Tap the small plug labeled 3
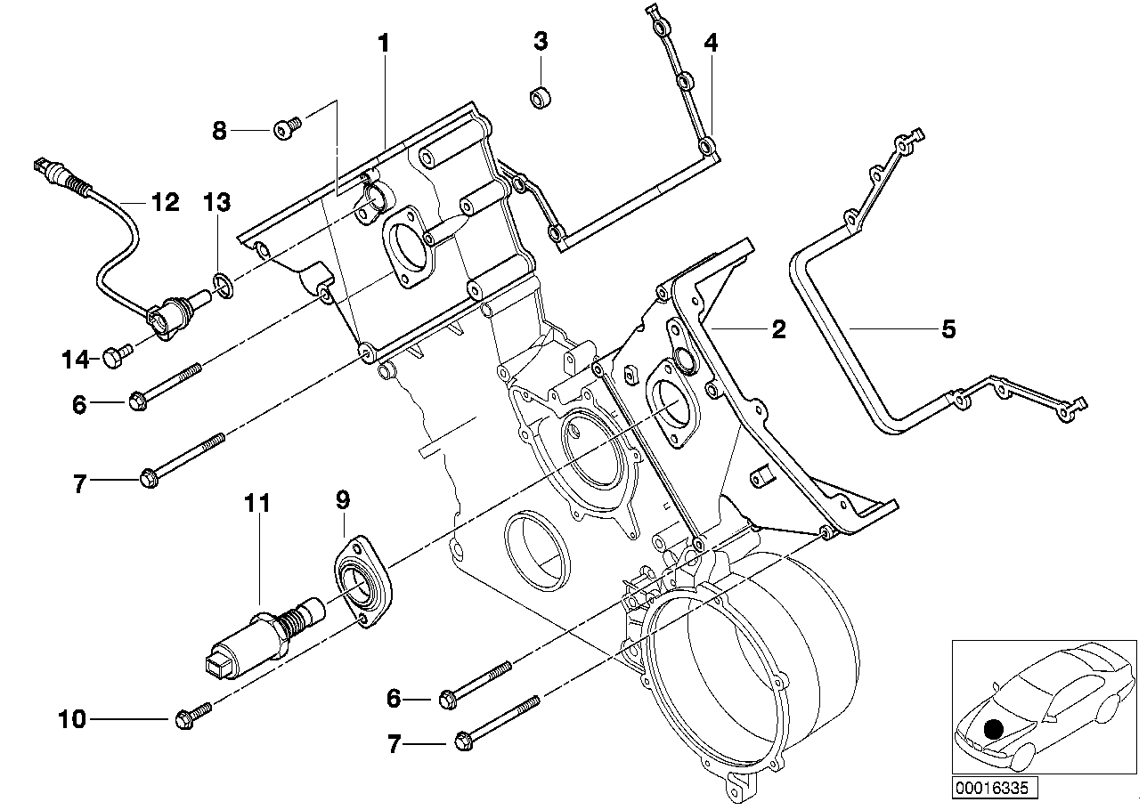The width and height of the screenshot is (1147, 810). point(540,96)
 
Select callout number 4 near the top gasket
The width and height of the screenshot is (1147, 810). point(709,42)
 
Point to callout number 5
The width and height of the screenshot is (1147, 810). point(948,329)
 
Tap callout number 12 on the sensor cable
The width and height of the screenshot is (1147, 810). point(165,203)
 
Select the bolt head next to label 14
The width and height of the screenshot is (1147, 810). point(116,358)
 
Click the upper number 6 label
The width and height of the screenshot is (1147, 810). point(80,405)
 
